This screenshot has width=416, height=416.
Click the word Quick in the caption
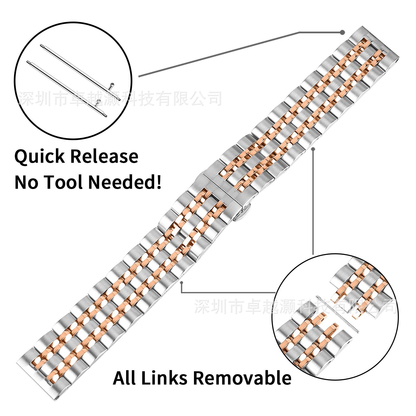pos(39,157)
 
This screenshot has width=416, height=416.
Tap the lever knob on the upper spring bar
pos(112,84)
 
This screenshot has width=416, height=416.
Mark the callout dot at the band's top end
pos(343,32)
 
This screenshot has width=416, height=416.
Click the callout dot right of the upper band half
pos(313,149)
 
